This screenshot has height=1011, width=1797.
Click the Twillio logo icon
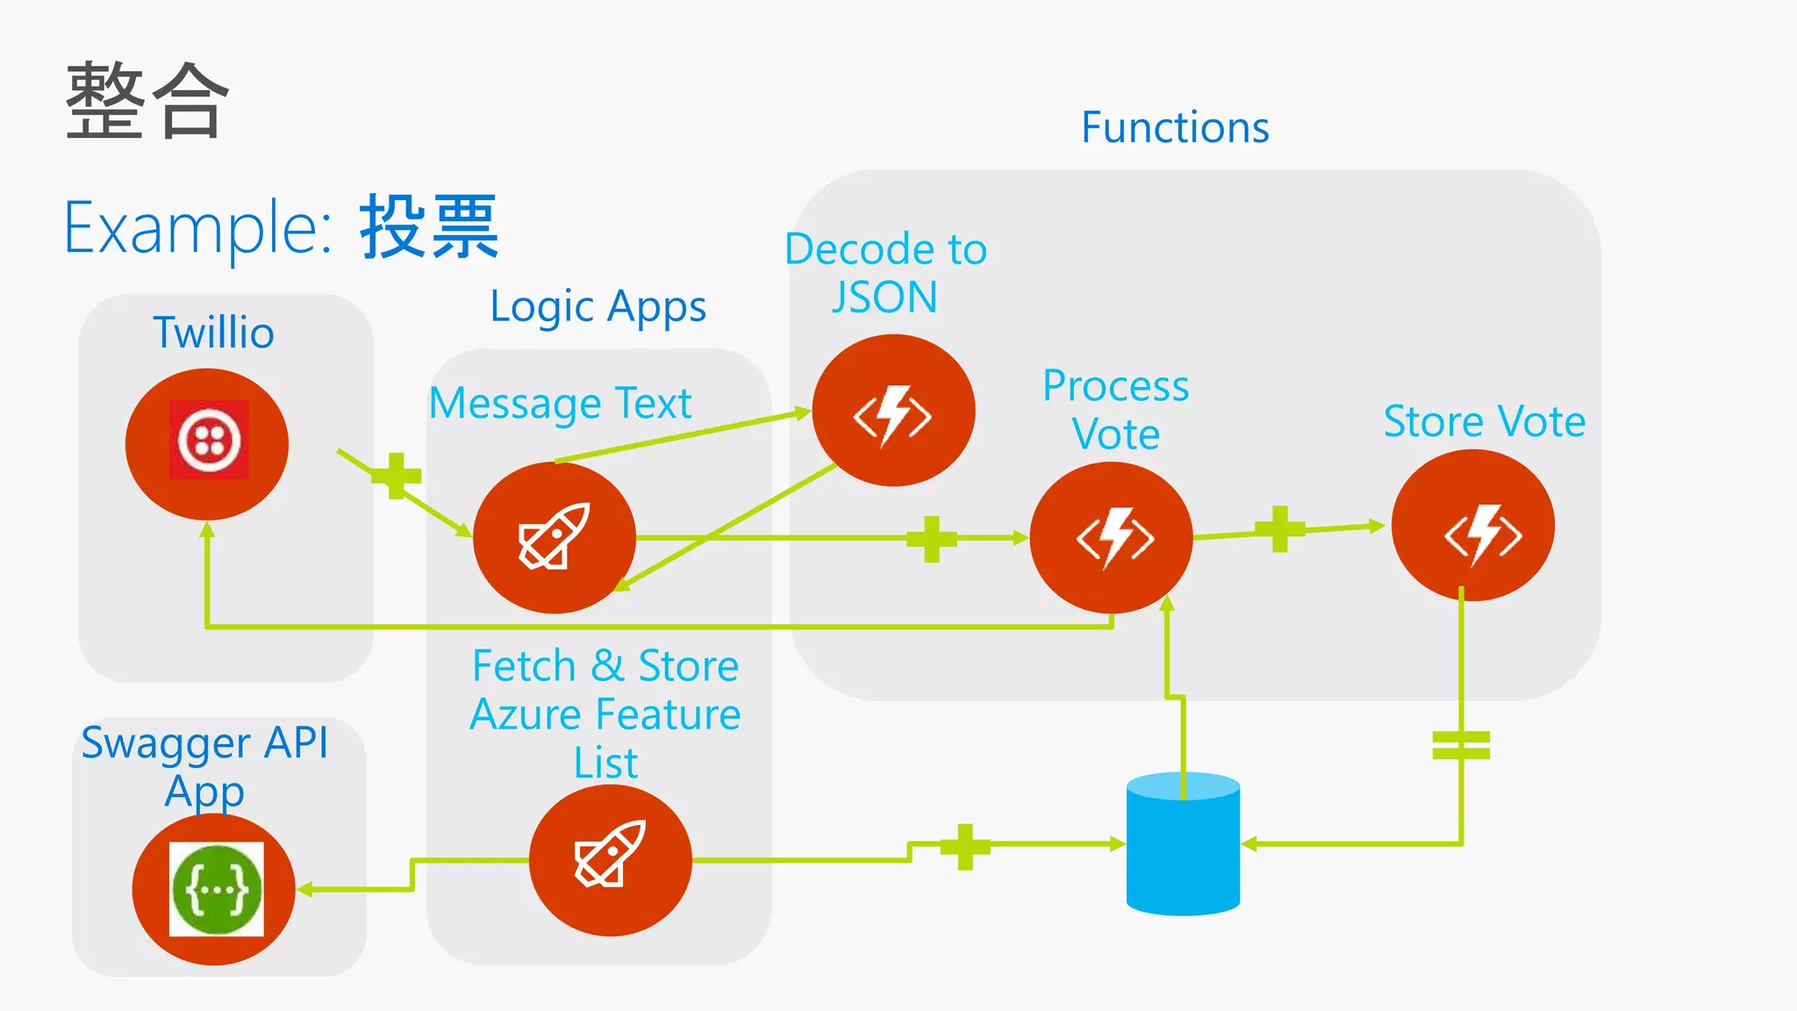click(209, 440)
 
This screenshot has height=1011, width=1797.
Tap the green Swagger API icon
click(216, 889)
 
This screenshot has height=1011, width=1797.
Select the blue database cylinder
click(1183, 845)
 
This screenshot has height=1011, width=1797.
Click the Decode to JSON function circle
click(893, 411)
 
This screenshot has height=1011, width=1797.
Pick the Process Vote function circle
click(1111, 537)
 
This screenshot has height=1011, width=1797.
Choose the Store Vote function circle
click(1472, 527)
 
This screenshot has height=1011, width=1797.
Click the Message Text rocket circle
click(554, 537)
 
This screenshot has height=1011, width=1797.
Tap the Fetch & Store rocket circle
click(610, 860)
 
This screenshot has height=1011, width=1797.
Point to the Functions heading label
click(1175, 128)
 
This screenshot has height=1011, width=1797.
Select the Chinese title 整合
click(147, 101)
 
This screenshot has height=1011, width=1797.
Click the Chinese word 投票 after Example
click(429, 227)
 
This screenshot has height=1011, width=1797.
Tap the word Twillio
click(213, 333)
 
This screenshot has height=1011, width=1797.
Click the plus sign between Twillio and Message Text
click(397, 476)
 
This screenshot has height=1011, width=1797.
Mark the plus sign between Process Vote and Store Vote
click(1280, 529)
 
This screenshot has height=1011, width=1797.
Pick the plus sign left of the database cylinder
click(965, 847)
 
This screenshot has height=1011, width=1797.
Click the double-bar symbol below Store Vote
click(1461, 745)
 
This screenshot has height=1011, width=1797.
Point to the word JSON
click(884, 298)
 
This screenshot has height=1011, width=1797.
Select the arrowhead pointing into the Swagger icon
click(305, 890)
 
